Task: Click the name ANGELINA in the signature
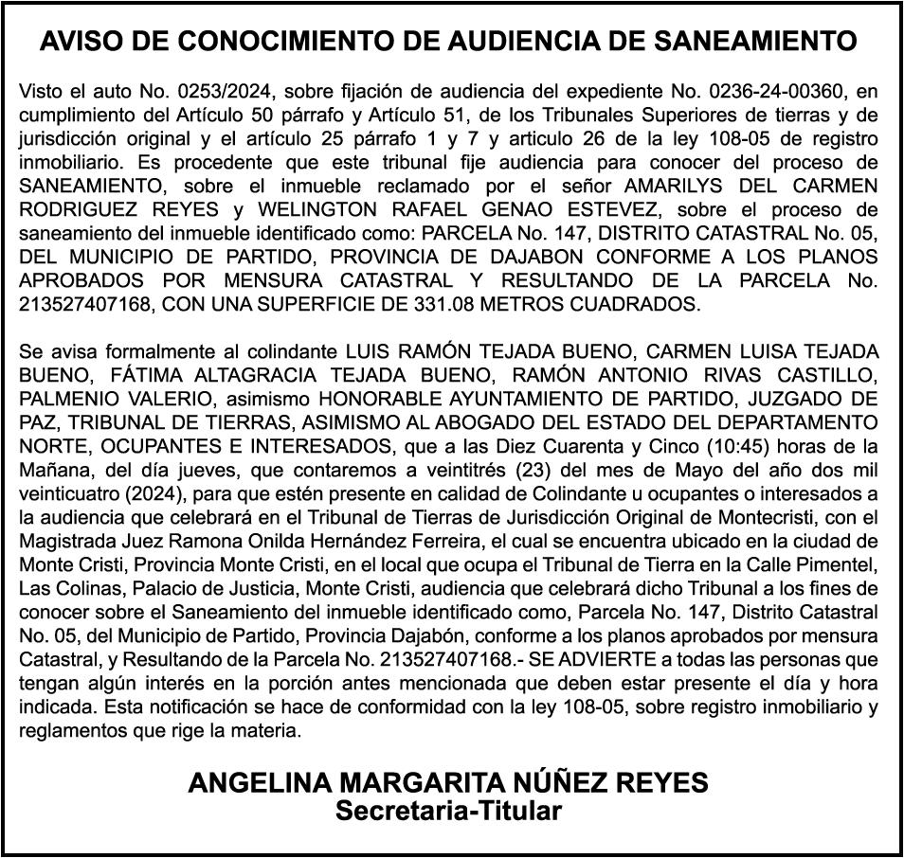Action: click(x=259, y=783)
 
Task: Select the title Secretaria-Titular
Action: click(x=449, y=812)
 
